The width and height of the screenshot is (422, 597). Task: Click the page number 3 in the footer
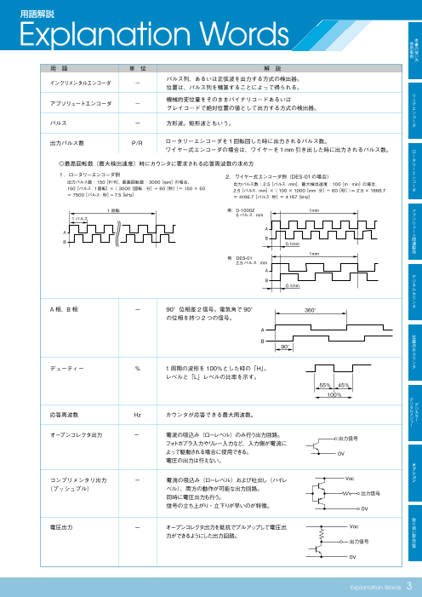coord(409,585)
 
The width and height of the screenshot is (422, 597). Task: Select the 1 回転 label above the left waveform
coord(89,210)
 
